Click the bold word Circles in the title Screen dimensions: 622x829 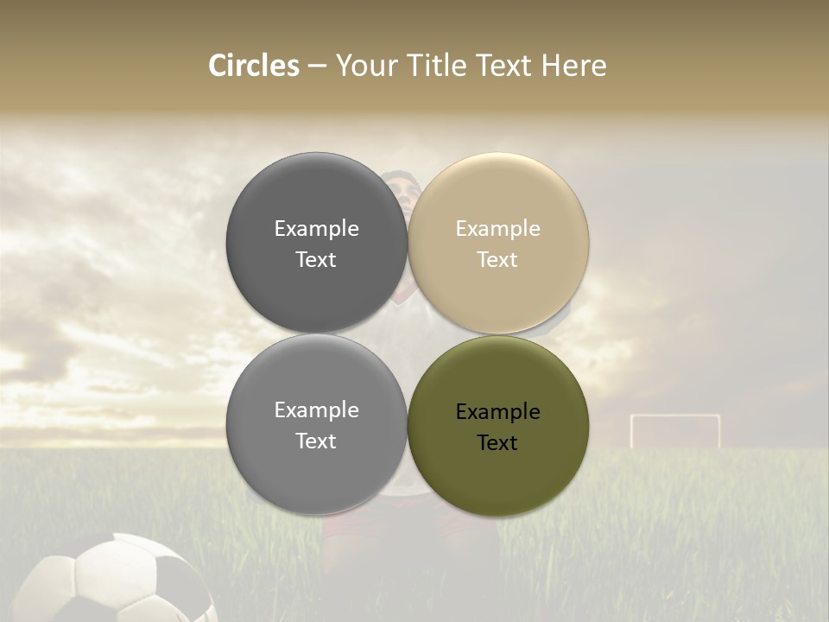pyautogui.click(x=254, y=66)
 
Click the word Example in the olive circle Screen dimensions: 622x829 pyautogui.click(x=498, y=412)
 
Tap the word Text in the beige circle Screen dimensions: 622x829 pyautogui.click(x=497, y=260)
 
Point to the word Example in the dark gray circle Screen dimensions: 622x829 pyautogui.click(x=316, y=229)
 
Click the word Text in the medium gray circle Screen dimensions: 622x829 pyautogui.click(x=316, y=441)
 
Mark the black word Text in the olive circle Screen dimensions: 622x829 pyautogui.click(x=497, y=443)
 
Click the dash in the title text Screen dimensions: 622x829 pyautogui.click(x=317, y=67)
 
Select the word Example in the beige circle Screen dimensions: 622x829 pyautogui.click(x=498, y=229)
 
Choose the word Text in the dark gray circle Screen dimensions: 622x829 pyautogui.click(x=316, y=260)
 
